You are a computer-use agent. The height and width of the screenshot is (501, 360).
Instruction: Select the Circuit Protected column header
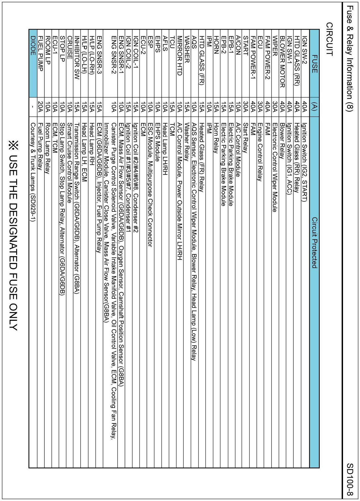(314, 243)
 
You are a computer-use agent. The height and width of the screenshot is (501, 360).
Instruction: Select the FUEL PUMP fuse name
(40, 53)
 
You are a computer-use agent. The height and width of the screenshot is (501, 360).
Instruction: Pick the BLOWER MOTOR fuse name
(282, 62)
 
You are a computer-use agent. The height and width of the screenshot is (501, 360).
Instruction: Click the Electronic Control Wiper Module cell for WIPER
(275, 167)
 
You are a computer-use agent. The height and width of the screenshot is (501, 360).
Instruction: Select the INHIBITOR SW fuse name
(77, 58)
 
